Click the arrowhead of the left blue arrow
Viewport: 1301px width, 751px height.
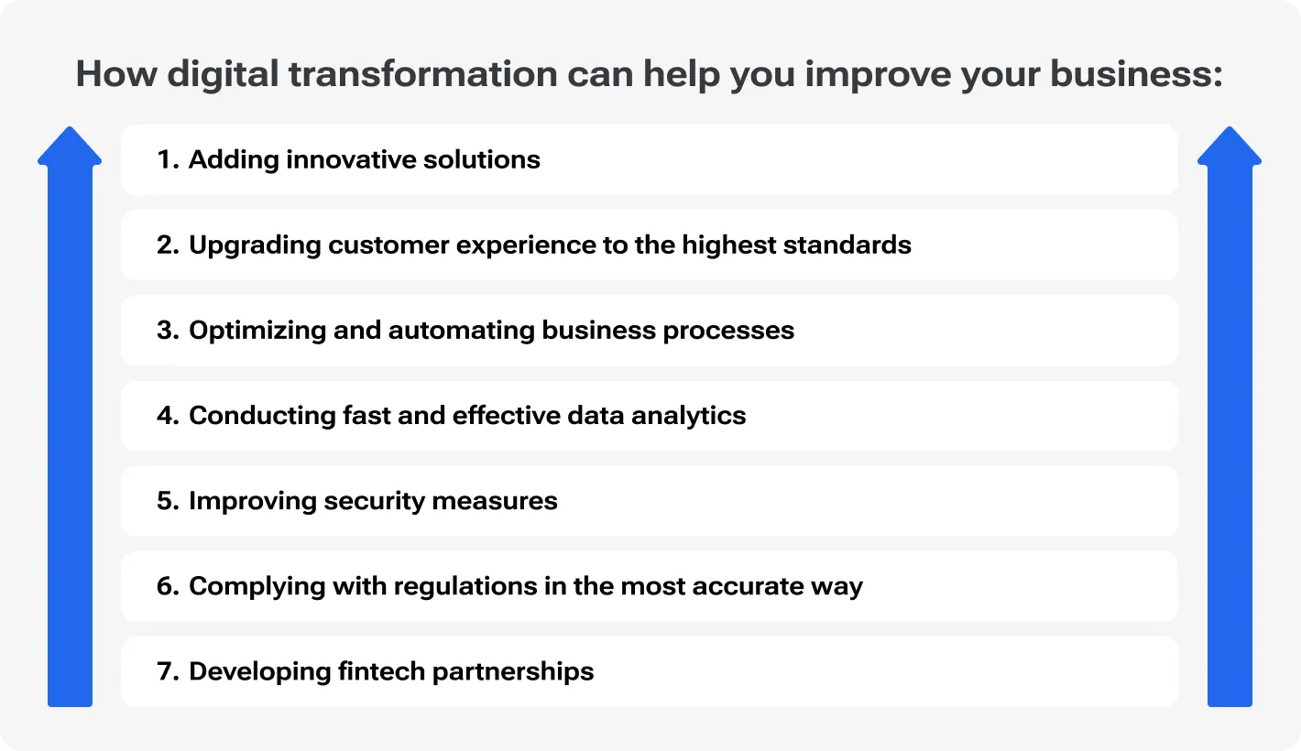coord(70,147)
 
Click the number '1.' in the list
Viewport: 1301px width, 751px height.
coord(168,159)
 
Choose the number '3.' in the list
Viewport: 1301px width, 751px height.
coord(168,330)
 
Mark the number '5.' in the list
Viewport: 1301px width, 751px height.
coord(168,501)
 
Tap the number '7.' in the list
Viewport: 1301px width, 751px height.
coord(168,671)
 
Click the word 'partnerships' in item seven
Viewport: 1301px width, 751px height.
coord(513,671)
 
